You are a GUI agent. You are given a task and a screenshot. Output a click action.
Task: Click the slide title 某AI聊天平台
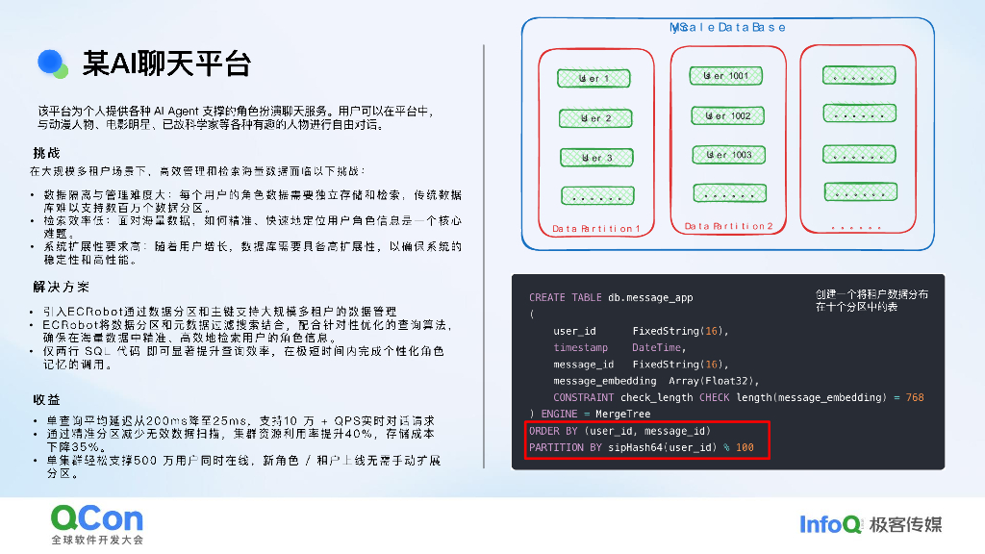pos(166,64)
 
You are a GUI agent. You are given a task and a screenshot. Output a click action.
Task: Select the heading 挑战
pos(46,153)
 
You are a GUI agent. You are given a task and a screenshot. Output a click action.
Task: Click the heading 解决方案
pos(61,287)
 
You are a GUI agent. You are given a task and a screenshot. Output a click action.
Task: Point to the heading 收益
pos(46,399)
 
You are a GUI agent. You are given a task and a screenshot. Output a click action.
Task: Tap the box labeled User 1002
pos(728,115)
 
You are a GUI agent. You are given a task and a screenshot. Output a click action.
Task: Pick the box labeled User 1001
pos(728,75)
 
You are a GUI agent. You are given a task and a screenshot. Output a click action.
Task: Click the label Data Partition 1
pos(595,228)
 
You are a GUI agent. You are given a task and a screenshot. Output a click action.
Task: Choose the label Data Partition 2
pos(728,226)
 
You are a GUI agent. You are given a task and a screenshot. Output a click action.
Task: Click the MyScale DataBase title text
pos(728,28)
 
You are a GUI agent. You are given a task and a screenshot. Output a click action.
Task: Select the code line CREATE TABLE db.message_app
pos(611,298)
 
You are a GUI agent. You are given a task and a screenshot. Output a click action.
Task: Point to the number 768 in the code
pos(915,397)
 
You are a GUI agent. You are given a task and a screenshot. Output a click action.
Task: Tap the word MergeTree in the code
pos(623,414)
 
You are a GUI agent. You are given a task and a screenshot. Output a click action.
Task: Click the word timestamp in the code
pos(581,347)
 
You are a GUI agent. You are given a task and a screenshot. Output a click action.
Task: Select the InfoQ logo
pos(830,524)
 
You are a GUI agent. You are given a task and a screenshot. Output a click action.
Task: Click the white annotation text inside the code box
pos(871,300)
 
